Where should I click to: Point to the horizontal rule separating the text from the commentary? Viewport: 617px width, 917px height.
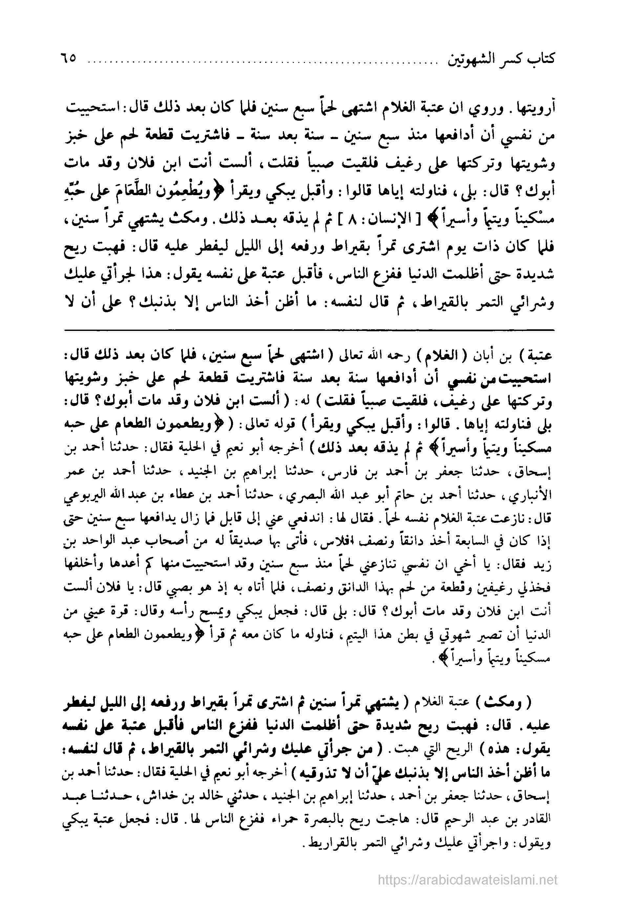(308, 330)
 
